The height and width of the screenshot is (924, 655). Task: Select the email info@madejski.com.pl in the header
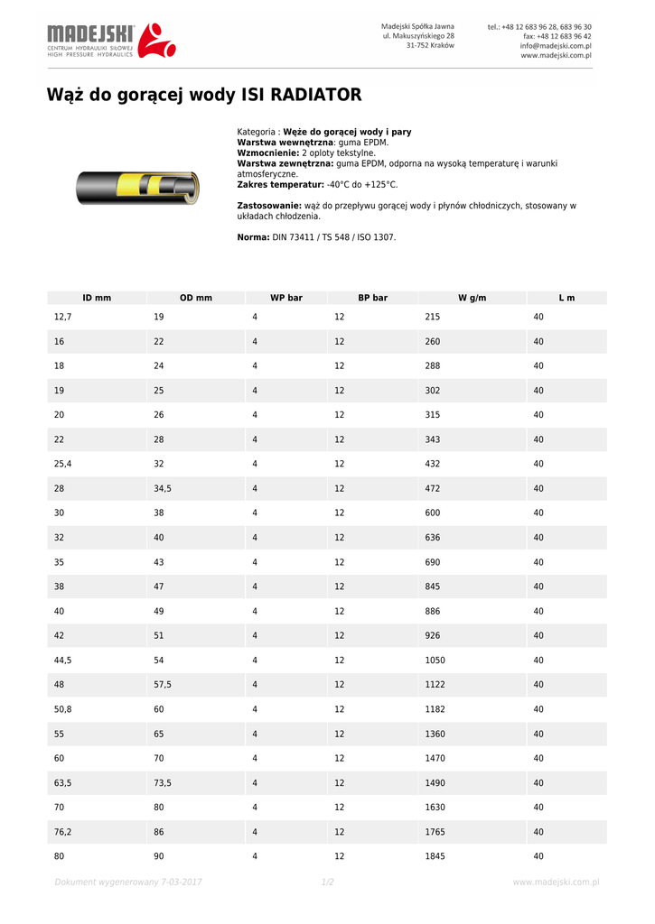click(x=556, y=45)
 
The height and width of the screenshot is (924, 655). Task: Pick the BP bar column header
click(x=372, y=298)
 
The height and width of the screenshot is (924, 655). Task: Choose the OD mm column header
click(x=196, y=298)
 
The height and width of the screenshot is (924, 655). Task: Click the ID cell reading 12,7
click(x=62, y=318)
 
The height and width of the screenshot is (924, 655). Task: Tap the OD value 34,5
click(x=163, y=489)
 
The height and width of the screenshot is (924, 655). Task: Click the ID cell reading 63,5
click(x=63, y=783)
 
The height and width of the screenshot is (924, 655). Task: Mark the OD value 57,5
click(x=163, y=685)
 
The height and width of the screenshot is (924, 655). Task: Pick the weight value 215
click(x=432, y=318)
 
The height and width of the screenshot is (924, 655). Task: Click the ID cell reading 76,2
click(x=63, y=832)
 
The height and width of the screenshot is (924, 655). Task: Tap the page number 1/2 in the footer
click(x=327, y=882)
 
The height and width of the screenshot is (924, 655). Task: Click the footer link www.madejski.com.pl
click(x=556, y=882)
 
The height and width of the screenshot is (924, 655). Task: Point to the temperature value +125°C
click(x=379, y=184)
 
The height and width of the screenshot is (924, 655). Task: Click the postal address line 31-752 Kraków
click(x=430, y=45)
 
